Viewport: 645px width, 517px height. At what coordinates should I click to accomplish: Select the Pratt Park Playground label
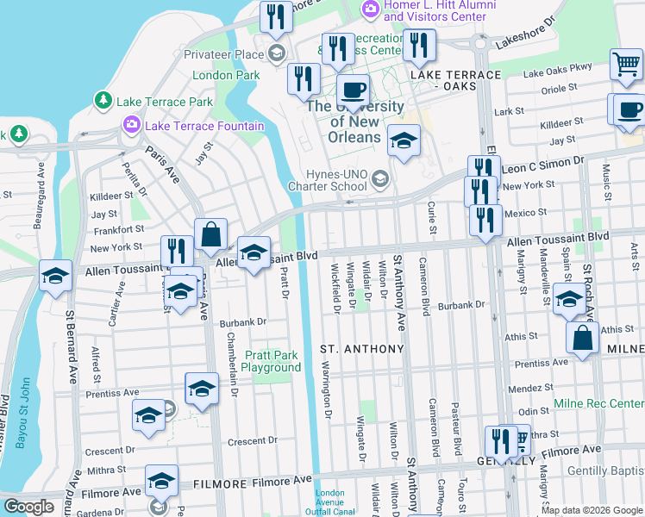(272, 361)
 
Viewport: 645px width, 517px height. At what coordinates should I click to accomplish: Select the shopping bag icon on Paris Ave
(210, 233)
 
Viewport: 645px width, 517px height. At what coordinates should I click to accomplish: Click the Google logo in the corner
(28, 508)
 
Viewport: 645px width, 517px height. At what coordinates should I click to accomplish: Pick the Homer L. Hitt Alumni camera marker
(371, 9)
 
